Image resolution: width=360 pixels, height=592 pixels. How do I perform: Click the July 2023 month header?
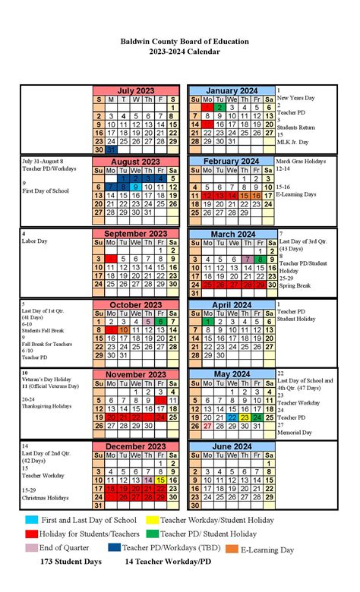coord(135,90)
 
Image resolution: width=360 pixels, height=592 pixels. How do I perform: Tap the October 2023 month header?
coord(135,305)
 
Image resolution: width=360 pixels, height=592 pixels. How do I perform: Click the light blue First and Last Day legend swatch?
coord(32,520)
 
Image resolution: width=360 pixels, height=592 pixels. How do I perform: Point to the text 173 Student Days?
coord(72,562)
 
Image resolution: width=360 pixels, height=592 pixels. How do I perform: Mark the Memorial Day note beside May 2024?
coord(296,434)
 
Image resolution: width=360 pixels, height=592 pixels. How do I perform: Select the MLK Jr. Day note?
coord(294,142)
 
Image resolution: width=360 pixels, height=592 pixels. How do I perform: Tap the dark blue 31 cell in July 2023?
coord(111,150)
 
